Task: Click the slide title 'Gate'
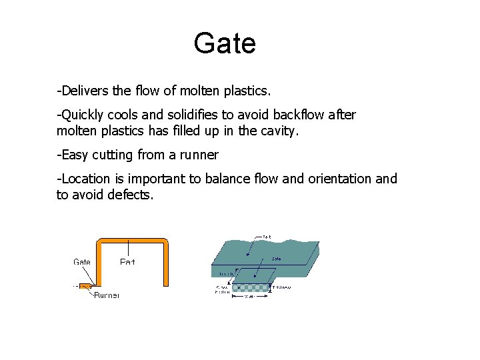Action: [225, 44]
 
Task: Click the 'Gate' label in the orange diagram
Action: [82, 262]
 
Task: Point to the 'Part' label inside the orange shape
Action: [127, 262]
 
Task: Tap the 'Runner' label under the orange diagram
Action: [107, 295]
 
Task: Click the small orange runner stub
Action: [85, 287]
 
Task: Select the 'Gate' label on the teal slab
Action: [276, 258]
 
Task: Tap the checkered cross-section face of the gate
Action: [251, 288]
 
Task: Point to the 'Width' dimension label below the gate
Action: [249, 297]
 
